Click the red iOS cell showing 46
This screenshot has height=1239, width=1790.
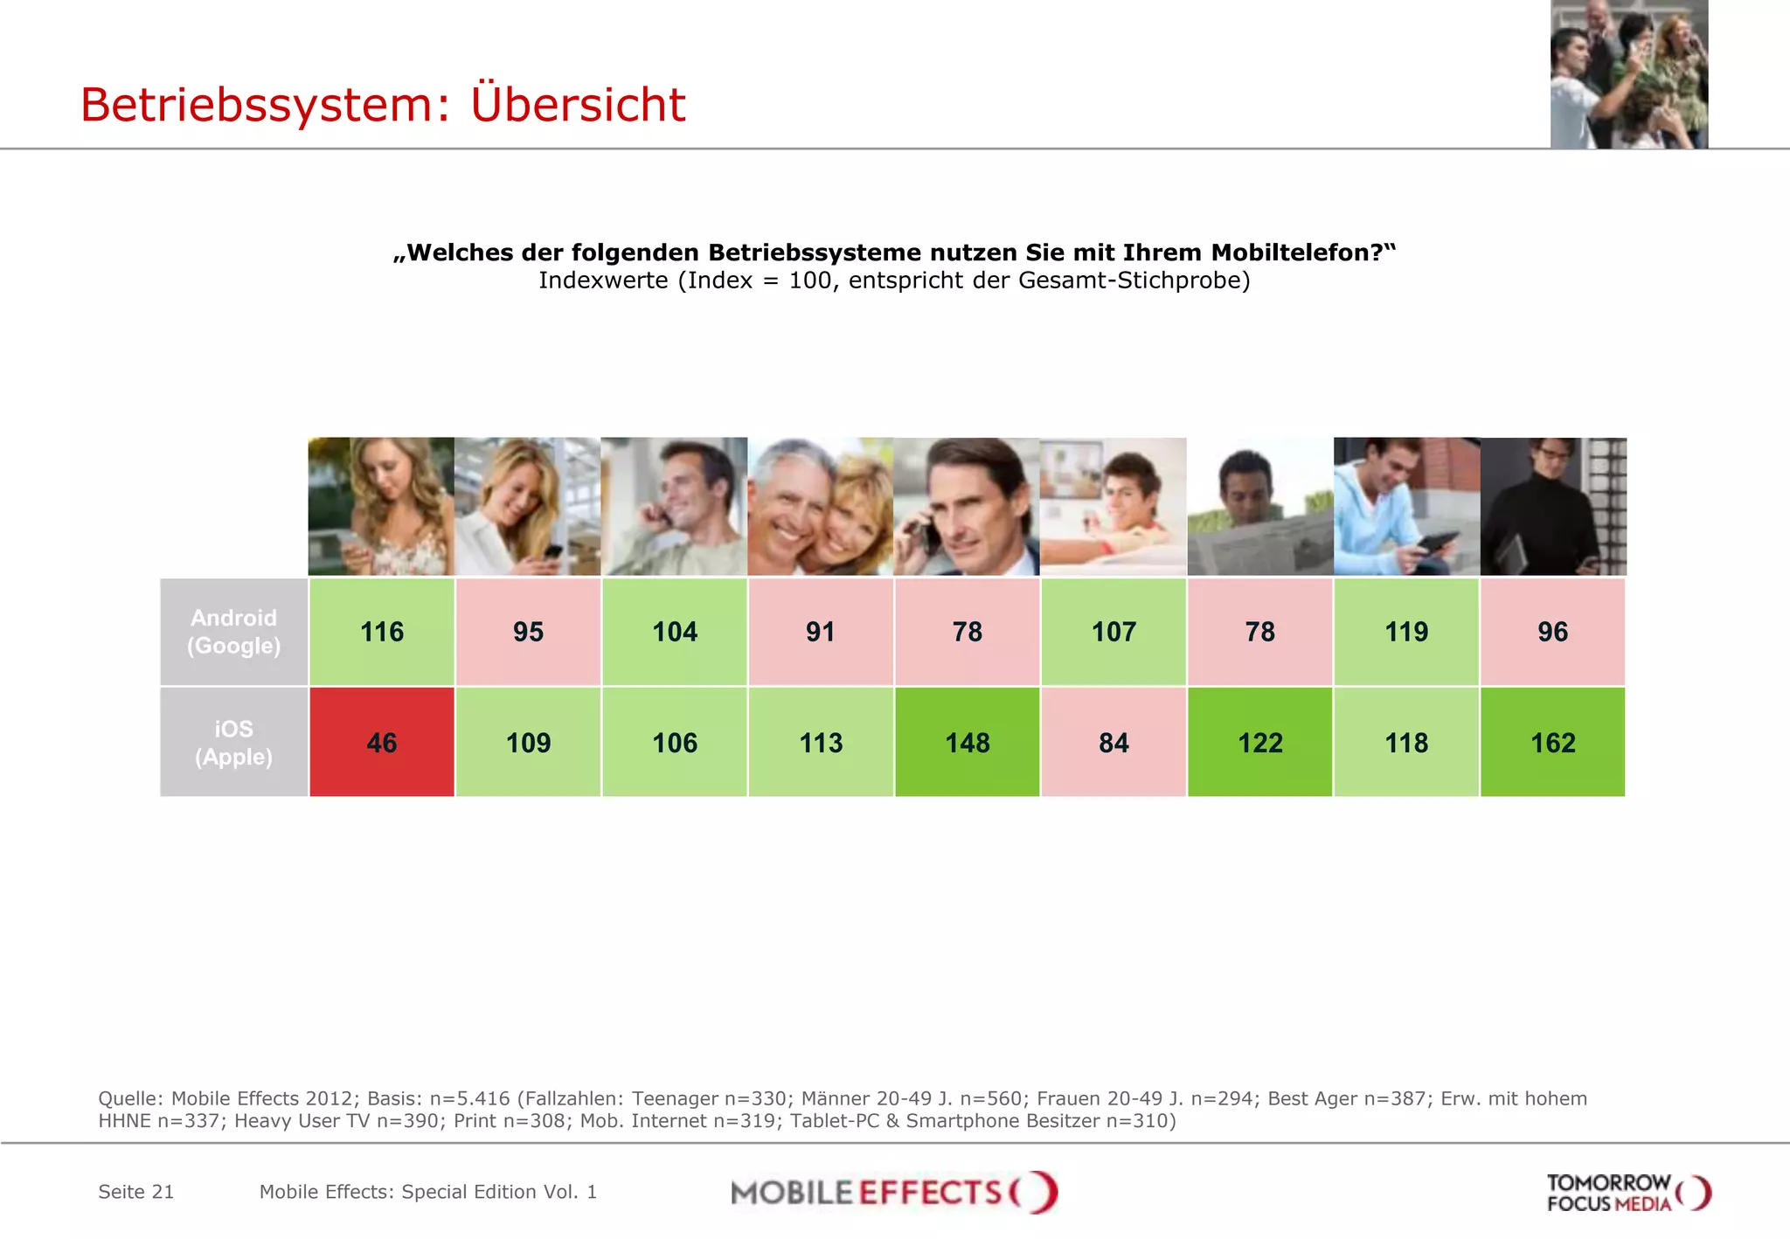coord(382,742)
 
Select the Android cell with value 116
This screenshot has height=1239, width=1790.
coord(382,632)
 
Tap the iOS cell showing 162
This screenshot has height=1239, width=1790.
coord(1552,742)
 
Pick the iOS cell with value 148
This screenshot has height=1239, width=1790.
coord(967,742)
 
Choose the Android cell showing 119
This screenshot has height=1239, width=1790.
coord(1406,632)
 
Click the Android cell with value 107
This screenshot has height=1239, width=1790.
coord(1114,632)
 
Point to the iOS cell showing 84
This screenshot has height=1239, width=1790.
coord(1114,742)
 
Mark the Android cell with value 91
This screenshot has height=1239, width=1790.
coord(821,632)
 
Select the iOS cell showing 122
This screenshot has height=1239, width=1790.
coord(1259,742)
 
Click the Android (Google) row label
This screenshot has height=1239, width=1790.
coord(233,632)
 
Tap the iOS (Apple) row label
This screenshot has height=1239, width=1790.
coord(233,742)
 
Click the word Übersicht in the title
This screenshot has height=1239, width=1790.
coord(578,105)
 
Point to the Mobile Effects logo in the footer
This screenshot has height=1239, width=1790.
coord(893,1192)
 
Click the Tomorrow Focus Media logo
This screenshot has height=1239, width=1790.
coord(1627,1193)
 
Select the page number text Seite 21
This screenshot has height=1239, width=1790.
coord(136,1192)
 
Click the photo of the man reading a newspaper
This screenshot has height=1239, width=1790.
coord(1259,507)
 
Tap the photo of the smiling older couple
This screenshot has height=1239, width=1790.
coord(821,507)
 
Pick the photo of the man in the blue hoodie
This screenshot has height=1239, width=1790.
coord(1406,507)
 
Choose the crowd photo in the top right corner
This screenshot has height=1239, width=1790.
coord(1629,74)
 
